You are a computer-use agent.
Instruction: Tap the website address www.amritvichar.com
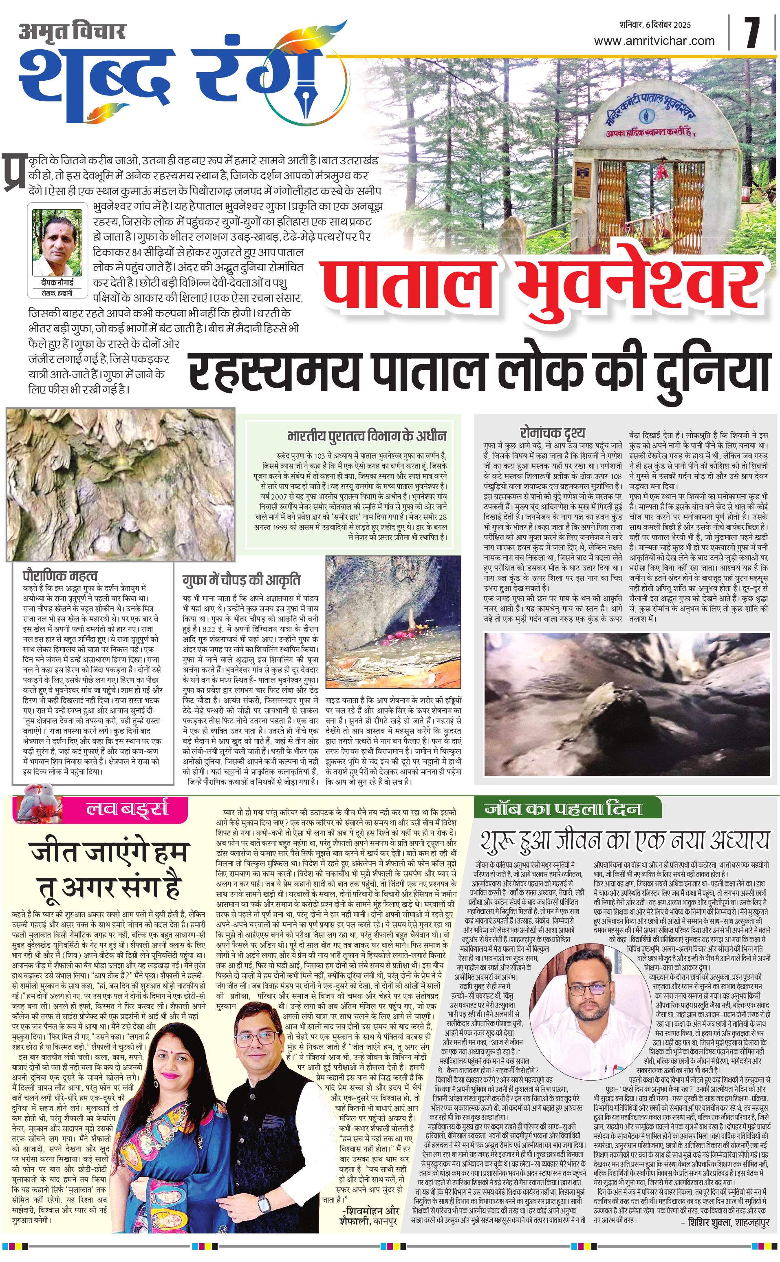(654, 41)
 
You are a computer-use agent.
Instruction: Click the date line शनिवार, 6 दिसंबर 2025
(655, 24)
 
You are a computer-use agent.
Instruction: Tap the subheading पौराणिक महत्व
(60, 575)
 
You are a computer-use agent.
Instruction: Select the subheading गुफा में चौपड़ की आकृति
(241, 580)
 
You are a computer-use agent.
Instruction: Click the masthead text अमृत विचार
(72, 31)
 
